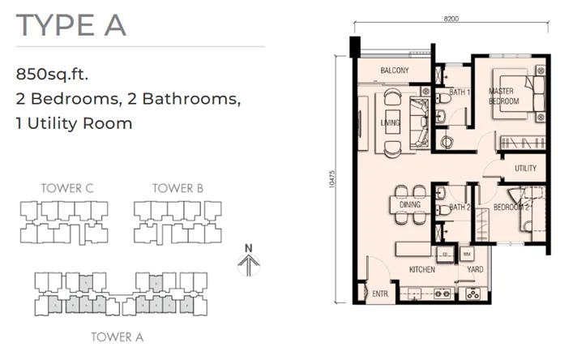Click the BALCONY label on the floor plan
click(395, 71)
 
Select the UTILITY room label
click(525, 169)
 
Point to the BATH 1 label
click(460, 92)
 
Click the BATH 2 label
click(460, 208)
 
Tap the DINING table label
click(410, 204)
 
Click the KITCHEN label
click(422, 270)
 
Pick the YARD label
click(475, 269)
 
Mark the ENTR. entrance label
click(381, 294)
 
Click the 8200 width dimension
click(451, 19)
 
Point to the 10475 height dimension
click(331, 179)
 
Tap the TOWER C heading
click(67, 188)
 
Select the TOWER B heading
click(177, 188)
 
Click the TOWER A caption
click(118, 337)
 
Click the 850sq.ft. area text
click(52, 75)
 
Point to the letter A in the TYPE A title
click(115, 25)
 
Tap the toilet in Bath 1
click(443, 98)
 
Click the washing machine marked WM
click(467, 254)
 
